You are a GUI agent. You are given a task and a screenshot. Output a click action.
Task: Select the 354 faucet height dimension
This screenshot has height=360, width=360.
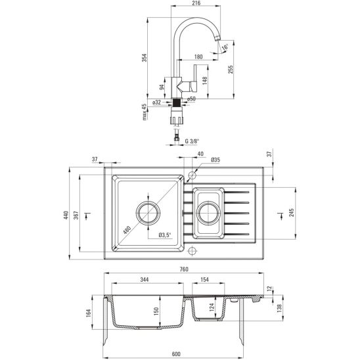(145, 62)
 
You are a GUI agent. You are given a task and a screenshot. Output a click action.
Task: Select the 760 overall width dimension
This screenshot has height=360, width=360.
(185, 269)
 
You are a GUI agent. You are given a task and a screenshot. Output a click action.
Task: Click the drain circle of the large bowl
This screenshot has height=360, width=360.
(148, 214)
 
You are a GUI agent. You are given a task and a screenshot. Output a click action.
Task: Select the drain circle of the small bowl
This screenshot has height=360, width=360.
(208, 213)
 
